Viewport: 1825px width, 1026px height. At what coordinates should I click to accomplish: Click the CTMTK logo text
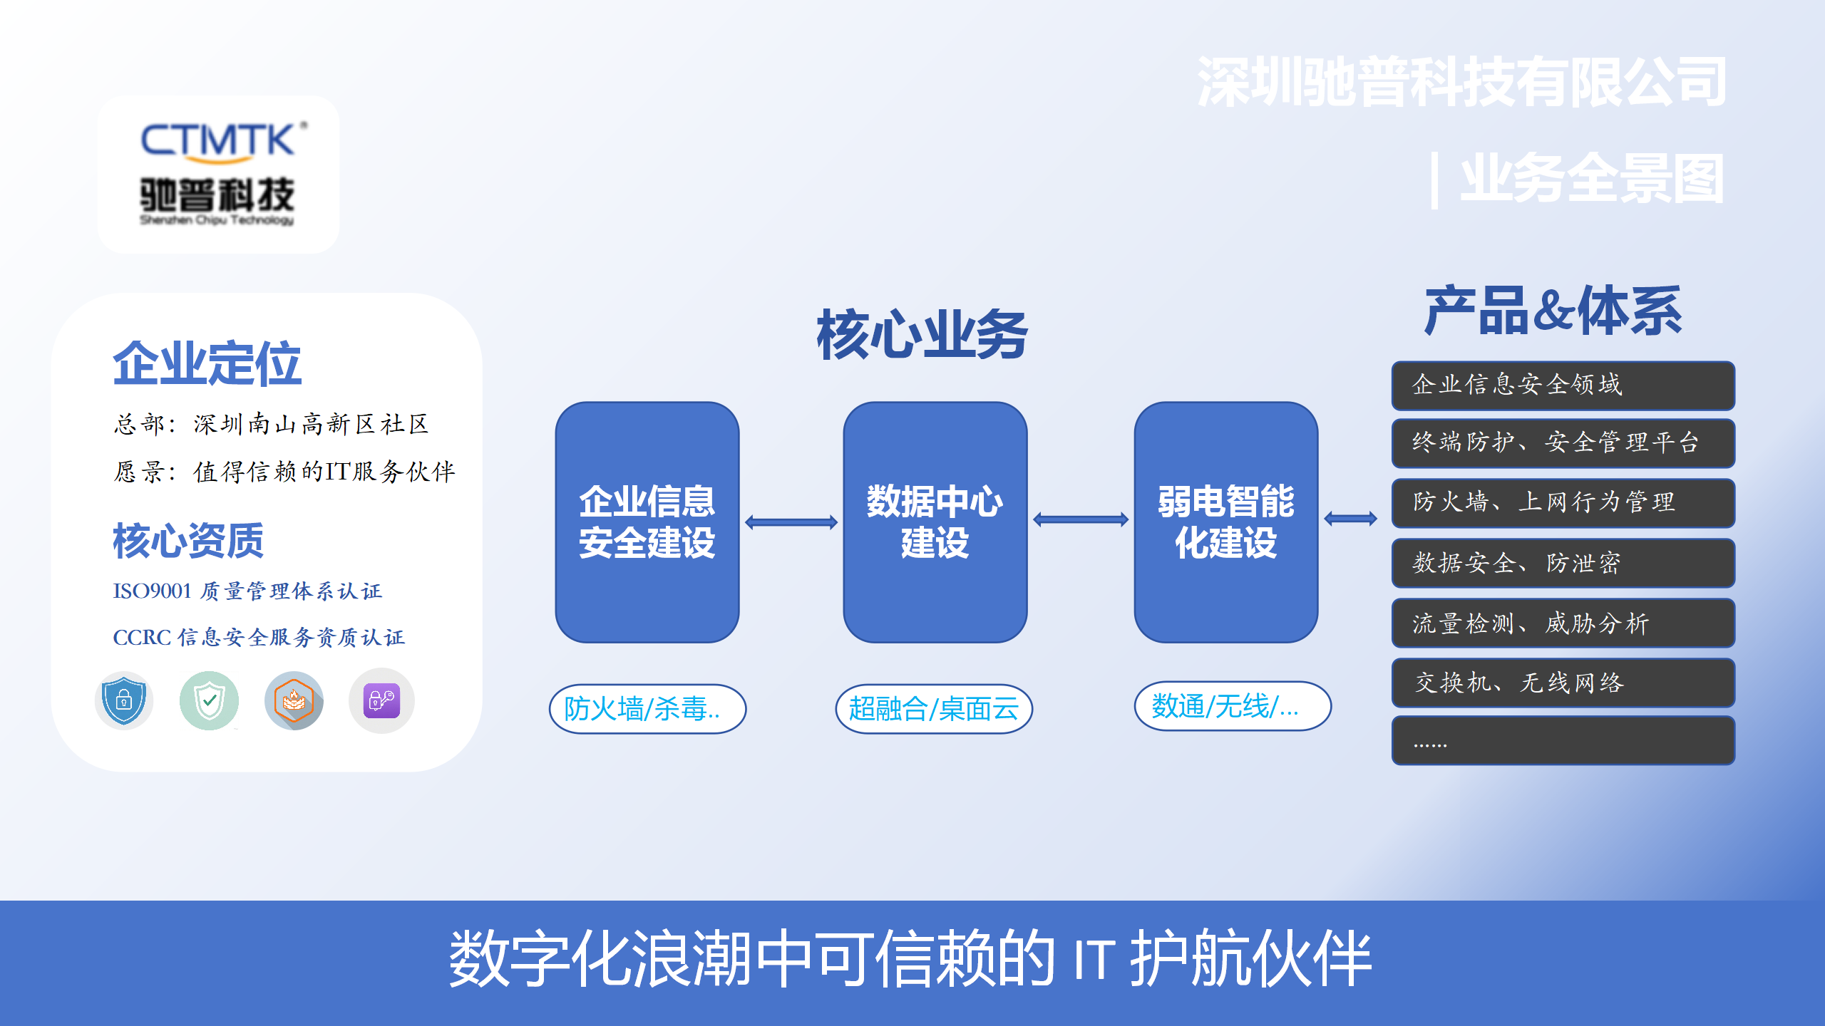tap(218, 140)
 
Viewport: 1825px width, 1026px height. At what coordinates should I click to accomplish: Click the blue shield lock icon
tap(124, 700)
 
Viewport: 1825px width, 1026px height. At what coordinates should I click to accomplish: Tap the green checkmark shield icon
tap(209, 700)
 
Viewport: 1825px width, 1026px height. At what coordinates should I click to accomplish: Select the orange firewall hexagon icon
tap(294, 700)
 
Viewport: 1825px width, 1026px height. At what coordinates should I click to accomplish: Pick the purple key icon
tap(381, 700)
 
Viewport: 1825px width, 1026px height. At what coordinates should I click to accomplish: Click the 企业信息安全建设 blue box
tap(647, 522)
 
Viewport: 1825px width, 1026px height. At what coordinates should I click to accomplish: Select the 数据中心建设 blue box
tap(935, 522)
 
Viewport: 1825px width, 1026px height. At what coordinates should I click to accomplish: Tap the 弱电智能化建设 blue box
tap(1225, 522)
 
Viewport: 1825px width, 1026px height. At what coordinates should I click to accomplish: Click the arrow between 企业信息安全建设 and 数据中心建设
tap(791, 522)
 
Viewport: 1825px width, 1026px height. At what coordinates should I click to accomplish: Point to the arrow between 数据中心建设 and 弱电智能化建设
tap(1081, 519)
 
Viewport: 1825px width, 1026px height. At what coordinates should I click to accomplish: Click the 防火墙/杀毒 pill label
tap(647, 709)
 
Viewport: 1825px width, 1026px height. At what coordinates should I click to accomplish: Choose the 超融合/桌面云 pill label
tap(934, 709)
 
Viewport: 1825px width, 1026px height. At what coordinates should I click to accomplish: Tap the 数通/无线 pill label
tap(1233, 706)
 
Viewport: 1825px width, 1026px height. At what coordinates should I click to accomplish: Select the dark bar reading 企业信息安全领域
tap(1563, 385)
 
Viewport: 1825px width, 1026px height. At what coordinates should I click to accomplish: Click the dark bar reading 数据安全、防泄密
tap(1563, 564)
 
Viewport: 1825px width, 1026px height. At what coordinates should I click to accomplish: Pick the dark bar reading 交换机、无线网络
tap(1563, 683)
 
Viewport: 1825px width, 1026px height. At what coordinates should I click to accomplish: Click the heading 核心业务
tap(922, 335)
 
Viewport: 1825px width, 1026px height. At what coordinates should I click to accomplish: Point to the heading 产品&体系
tap(1553, 311)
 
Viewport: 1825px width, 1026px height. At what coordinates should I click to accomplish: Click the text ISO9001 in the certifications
tap(152, 591)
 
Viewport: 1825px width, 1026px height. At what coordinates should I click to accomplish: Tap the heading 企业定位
tap(207, 363)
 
